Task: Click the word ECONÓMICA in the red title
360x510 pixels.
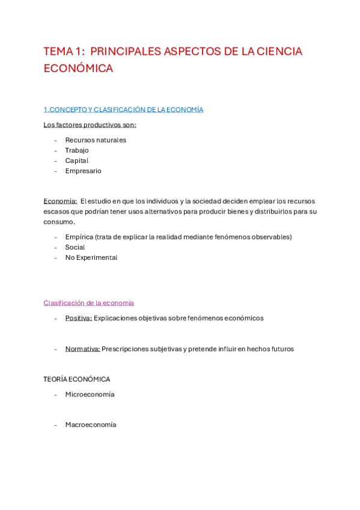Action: [78, 69]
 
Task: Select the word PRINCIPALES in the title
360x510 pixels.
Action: [124, 52]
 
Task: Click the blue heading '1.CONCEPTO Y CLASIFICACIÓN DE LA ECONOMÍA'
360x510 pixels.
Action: [123, 109]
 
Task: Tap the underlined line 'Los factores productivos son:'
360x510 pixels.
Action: [90, 125]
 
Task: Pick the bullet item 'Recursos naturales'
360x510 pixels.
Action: [96, 140]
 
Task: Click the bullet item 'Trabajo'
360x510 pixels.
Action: [77, 150]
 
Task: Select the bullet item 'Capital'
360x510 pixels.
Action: [77, 161]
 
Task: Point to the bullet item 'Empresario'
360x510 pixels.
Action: [83, 171]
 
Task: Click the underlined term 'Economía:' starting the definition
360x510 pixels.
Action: [60, 201]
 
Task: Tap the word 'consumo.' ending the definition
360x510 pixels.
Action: [59, 222]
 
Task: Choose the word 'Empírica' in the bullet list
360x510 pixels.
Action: [79, 237]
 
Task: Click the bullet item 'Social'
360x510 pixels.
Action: [75, 247]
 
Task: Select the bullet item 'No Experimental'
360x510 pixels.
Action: [91, 257]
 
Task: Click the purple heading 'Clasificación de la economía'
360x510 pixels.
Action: [89, 303]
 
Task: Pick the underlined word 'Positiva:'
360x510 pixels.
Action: [79, 318]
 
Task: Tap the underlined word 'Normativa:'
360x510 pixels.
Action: [82, 349]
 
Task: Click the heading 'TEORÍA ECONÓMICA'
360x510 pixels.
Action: [77, 379]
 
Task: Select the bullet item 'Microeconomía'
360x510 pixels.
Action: [90, 395]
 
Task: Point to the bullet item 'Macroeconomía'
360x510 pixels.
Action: [91, 425]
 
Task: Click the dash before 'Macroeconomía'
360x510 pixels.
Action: [56, 425]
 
